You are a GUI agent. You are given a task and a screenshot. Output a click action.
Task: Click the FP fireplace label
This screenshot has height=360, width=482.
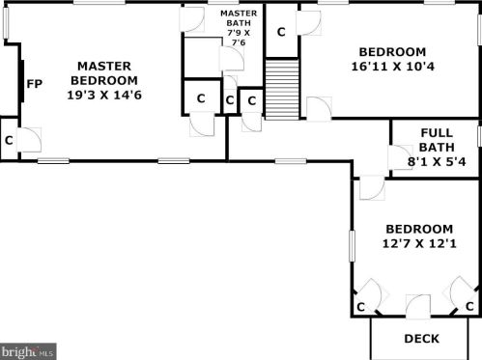(x=34, y=84)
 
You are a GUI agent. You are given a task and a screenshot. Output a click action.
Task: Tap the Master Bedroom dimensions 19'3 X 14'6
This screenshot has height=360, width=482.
(x=104, y=95)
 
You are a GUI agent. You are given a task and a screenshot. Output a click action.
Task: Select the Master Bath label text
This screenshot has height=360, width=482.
(x=239, y=18)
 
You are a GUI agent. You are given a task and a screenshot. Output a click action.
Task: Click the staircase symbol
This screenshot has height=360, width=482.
(x=282, y=90)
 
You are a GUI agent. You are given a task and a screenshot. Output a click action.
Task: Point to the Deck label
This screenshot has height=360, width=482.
(x=421, y=339)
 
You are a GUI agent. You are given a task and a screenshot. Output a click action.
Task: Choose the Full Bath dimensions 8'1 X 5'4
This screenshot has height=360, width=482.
(x=437, y=161)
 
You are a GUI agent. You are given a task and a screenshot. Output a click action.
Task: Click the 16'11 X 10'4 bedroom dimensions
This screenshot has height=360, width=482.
(x=392, y=67)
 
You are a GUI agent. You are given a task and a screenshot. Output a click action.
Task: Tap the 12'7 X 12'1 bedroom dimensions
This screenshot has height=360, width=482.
(x=419, y=243)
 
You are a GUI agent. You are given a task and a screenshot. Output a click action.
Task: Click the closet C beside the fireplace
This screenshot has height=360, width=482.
(x=9, y=140)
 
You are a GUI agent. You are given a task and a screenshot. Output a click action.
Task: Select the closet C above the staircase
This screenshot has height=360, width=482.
(x=281, y=32)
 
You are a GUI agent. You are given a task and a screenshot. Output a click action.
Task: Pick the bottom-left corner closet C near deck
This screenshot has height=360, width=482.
(x=360, y=307)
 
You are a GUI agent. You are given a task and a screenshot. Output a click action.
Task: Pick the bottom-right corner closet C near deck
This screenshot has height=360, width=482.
(x=469, y=306)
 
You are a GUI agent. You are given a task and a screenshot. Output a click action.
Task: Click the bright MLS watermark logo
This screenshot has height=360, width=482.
(x=28, y=351)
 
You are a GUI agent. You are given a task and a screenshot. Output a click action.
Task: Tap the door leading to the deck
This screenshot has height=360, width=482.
(x=417, y=306)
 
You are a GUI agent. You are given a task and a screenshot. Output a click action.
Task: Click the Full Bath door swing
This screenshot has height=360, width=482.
(x=400, y=157)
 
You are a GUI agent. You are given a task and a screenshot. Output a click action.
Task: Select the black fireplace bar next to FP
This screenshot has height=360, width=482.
(x=21, y=81)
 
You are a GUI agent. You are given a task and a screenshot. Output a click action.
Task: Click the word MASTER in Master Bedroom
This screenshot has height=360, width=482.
(x=104, y=66)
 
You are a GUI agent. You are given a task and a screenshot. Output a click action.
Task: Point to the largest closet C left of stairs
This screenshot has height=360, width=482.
(x=201, y=98)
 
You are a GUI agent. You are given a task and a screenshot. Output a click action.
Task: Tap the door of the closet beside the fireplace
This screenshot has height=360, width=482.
(x=29, y=140)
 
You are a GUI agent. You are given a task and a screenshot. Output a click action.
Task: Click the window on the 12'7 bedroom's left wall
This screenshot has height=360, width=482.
(x=353, y=246)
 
